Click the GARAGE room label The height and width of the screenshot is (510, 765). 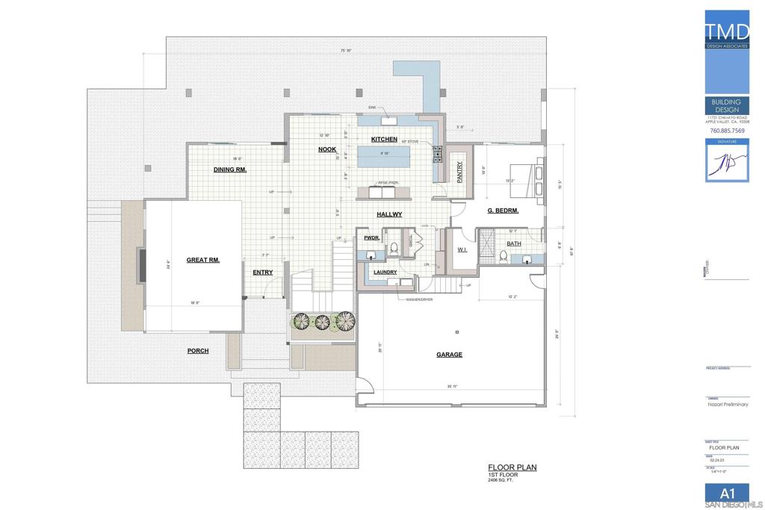click(x=449, y=355)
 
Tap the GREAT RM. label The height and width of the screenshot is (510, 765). click(x=202, y=260)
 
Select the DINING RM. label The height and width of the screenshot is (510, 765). click(x=230, y=170)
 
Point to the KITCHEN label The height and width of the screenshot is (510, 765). click(x=384, y=140)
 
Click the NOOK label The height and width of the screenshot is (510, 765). click(x=327, y=149)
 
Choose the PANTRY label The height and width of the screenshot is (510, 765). click(x=459, y=172)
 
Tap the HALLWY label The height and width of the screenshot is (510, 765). click(x=389, y=214)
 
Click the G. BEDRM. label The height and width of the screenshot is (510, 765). click(x=503, y=211)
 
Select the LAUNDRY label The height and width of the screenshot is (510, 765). click(x=385, y=273)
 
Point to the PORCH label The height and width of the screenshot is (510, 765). click(x=198, y=350)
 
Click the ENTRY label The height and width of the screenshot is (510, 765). click(x=262, y=273)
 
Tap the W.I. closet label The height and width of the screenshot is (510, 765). click(x=462, y=249)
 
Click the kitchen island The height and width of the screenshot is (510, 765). click(x=385, y=157)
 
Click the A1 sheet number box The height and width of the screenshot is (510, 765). click(x=727, y=492)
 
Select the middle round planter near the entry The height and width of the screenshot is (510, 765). click(x=322, y=322)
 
